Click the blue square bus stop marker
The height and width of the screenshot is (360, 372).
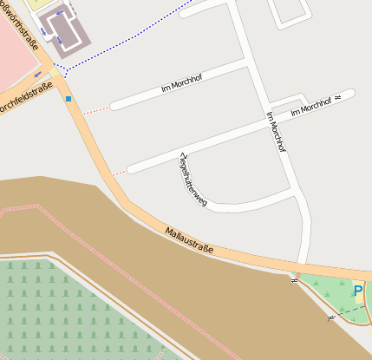(68, 99)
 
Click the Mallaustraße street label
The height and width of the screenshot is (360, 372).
(188, 240)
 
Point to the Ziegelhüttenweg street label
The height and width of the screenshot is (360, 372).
(193, 179)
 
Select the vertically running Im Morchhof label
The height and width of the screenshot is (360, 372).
(276, 131)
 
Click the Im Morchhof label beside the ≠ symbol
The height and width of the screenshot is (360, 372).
(311, 107)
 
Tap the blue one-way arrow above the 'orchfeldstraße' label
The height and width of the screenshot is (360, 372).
(38, 75)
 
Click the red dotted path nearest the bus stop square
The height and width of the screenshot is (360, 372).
(96, 108)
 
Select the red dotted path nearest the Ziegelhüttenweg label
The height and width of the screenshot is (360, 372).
(118, 172)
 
